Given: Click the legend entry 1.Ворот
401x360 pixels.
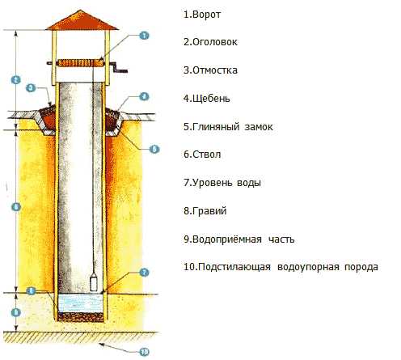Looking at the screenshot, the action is (202, 15).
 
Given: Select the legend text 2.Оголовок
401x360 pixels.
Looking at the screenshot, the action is (210, 42).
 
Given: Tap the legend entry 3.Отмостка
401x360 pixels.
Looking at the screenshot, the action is (210, 70).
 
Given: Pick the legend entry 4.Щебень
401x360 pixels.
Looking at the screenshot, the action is (207, 99).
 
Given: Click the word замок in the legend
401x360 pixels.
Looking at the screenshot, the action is (259, 127).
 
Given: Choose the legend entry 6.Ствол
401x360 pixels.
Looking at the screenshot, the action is (202, 155).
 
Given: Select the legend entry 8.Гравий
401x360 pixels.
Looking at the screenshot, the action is (205, 210).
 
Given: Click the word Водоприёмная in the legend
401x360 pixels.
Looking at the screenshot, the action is (227, 239).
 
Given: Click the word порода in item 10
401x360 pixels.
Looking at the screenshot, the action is (361, 267).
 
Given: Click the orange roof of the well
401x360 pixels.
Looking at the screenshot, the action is (82, 20).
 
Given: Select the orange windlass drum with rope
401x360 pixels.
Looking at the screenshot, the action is (81, 63).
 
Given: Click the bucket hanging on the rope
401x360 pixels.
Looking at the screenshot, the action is (94, 282).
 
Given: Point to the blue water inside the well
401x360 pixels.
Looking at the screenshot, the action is (81, 303).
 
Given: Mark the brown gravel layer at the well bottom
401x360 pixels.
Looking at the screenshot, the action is (81, 317).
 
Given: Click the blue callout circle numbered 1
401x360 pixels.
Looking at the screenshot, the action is (144, 36).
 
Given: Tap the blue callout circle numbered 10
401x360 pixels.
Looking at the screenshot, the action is (144, 352).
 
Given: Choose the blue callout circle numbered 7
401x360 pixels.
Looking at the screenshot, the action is (144, 273).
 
